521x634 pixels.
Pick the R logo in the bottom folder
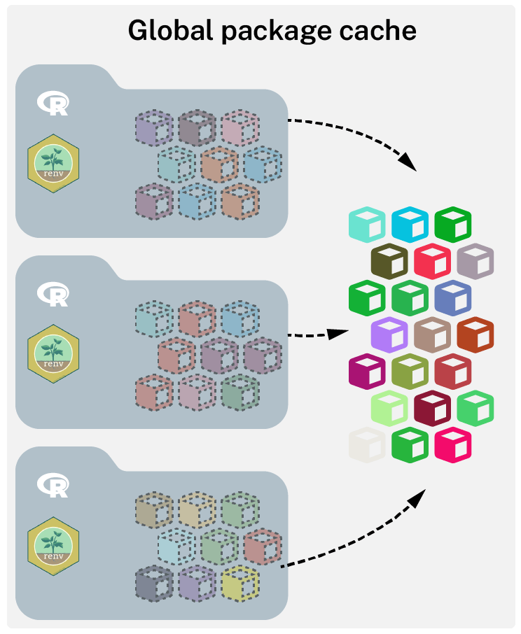coord(53,485)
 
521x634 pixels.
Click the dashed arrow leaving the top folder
coord(357,133)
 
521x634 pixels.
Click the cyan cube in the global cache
coord(410,225)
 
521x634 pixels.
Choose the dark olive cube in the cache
coord(389,262)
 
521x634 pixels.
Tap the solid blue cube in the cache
coord(453,298)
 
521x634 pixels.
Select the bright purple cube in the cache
coord(389,334)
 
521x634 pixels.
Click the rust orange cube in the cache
coord(475,334)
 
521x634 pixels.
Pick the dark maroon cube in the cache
coord(432,408)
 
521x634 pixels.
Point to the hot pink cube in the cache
coord(453,445)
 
